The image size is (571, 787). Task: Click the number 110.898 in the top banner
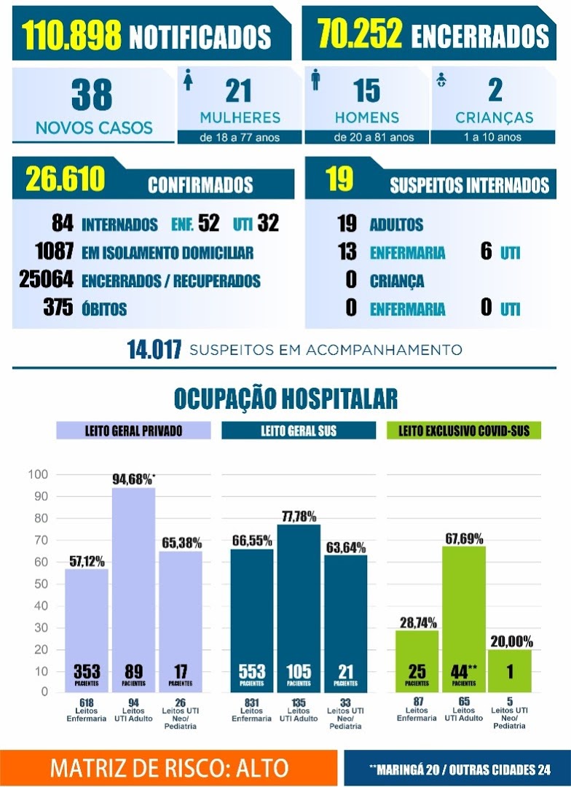click(x=71, y=35)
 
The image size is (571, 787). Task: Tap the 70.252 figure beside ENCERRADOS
click(x=360, y=34)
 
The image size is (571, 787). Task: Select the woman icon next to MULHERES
click(x=188, y=80)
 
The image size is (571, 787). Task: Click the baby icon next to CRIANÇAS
click(x=441, y=79)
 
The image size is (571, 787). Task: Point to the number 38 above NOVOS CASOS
click(x=92, y=94)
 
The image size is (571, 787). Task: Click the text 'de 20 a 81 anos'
click(x=374, y=137)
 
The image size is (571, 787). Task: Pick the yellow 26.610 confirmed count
click(x=66, y=179)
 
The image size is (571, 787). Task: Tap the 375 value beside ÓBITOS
click(x=58, y=308)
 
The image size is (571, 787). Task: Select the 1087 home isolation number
click(x=55, y=251)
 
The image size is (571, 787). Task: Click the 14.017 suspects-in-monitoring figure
click(x=154, y=350)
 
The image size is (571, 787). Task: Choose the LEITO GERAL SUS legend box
click(x=299, y=431)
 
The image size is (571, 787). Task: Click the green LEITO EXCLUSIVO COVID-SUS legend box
click(x=464, y=431)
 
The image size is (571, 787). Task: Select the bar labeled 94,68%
click(x=133, y=590)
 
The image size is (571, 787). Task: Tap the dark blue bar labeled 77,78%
click(x=299, y=608)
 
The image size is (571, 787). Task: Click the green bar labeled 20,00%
click(x=510, y=671)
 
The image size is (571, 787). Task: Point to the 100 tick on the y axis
click(x=38, y=474)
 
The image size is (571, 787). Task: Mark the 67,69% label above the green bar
click(x=464, y=539)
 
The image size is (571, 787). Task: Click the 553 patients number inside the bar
click(x=252, y=671)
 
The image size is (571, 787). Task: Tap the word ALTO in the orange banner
click(x=262, y=768)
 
